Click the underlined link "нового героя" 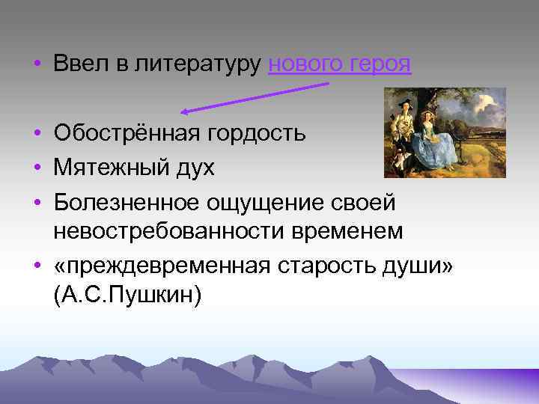tap(339, 64)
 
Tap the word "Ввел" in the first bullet tap(77, 64)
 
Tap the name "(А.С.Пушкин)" tap(127, 296)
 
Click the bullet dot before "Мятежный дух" tap(37, 169)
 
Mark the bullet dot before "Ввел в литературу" tap(37, 65)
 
